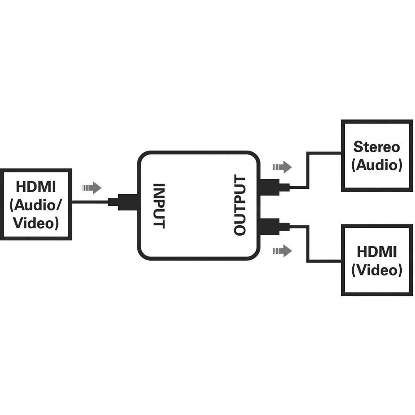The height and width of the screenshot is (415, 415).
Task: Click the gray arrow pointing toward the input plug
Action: (x=92, y=188)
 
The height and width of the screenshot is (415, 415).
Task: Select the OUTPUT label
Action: (x=240, y=205)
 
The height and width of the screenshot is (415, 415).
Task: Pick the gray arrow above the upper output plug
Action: (x=282, y=167)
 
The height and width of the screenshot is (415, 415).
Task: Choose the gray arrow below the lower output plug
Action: (x=282, y=251)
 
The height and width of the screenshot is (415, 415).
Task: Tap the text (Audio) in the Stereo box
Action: (x=377, y=165)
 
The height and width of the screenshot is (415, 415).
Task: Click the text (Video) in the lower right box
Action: (x=377, y=270)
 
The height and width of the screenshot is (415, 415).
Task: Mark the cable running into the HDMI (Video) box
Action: (x=308, y=245)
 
